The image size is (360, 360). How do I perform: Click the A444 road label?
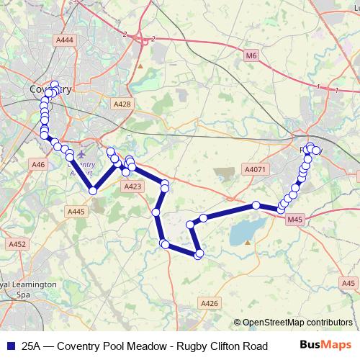tap(65, 41)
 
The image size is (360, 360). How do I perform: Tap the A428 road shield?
tap(122, 104)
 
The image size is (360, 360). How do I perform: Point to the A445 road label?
tap(76, 211)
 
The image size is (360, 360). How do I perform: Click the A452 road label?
tap(17, 245)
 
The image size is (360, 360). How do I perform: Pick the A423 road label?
tap(132, 186)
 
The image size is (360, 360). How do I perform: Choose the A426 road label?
tap(210, 304)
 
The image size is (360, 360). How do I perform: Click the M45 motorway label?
tap(294, 219)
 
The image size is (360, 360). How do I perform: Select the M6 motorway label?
tap(251, 55)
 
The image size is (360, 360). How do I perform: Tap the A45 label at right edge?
tap(350, 283)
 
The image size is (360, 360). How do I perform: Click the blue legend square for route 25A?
tap(9, 345)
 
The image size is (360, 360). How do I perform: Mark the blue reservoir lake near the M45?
tap(245, 232)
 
